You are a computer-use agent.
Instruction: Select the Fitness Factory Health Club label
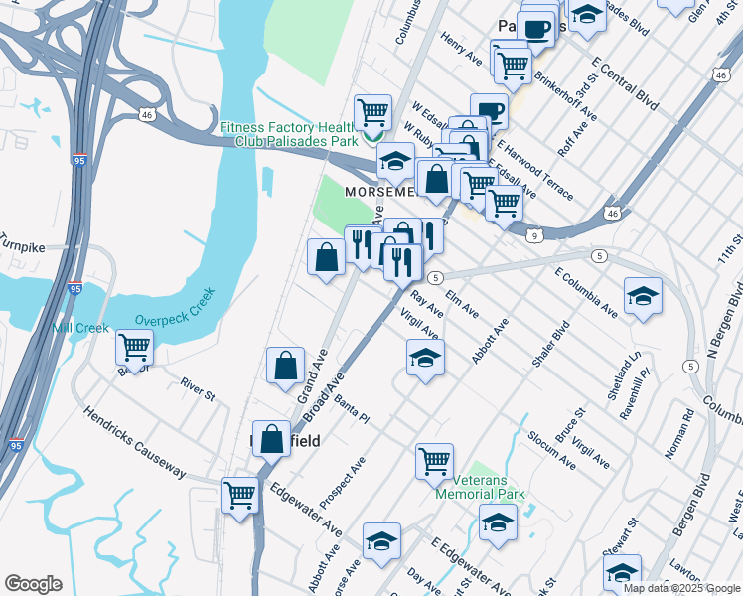point(287,134)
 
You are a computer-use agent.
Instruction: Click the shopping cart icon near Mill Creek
point(134,348)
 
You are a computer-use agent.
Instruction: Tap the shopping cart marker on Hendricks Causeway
point(240,494)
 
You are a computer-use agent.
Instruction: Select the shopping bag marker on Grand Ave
point(286,365)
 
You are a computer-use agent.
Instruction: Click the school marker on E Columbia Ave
point(643,295)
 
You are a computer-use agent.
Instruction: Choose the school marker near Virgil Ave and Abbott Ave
point(425,358)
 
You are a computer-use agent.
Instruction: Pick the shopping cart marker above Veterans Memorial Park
point(434,460)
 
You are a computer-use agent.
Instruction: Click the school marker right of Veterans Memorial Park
point(499,521)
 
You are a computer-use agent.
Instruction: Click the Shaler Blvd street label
point(551,343)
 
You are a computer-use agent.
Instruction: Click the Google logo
point(33,584)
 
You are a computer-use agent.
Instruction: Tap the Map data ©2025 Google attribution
point(680,588)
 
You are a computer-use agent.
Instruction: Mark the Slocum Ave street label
point(551,449)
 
